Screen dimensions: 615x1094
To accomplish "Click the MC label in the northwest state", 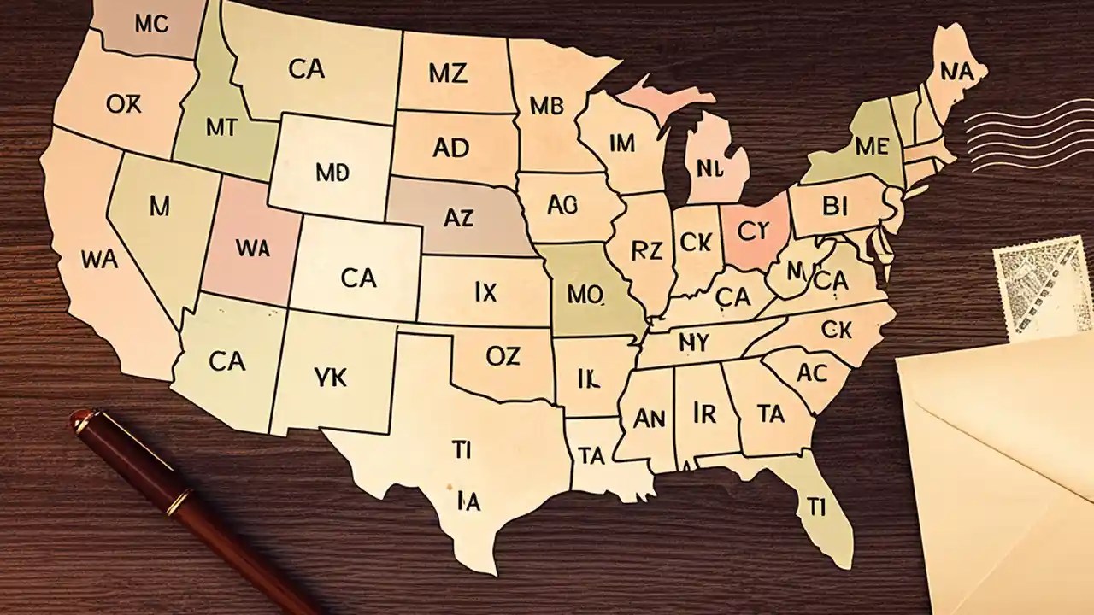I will click(150, 25).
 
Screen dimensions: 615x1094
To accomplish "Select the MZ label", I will click(448, 73).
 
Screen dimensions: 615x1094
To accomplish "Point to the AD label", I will click(450, 148).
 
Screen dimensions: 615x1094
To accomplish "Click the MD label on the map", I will click(332, 173).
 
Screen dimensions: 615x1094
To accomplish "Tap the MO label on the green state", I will click(585, 295).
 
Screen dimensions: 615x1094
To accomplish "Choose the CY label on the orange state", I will click(755, 231).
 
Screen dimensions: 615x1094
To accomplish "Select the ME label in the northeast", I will click(871, 146).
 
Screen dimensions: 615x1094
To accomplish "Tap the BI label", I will click(834, 207).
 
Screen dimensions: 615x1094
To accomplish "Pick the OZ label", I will click(503, 356).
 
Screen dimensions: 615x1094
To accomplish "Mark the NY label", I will click(694, 343).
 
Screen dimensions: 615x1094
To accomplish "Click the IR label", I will click(704, 413).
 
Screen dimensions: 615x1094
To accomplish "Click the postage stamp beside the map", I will click(1044, 287).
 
